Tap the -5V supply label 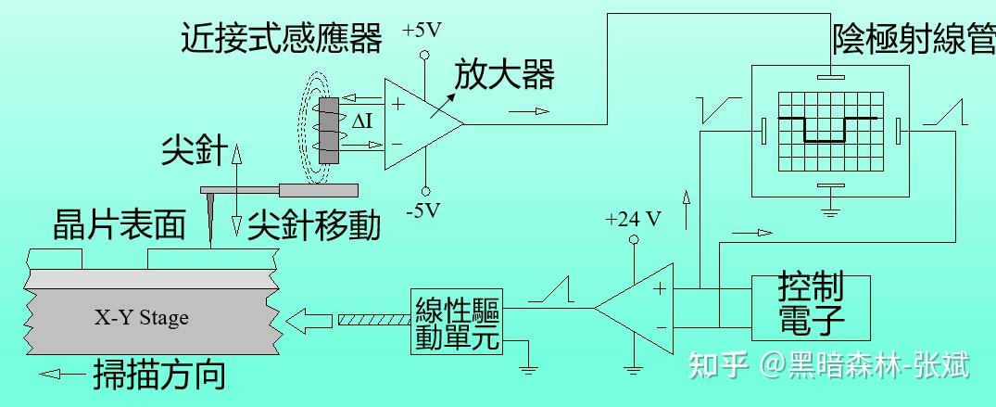(x=423, y=210)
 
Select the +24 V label (x=633, y=220)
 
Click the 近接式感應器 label (x=282, y=39)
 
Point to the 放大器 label (x=505, y=74)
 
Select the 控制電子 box (x=811, y=306)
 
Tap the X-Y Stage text (x=141, y=318)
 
